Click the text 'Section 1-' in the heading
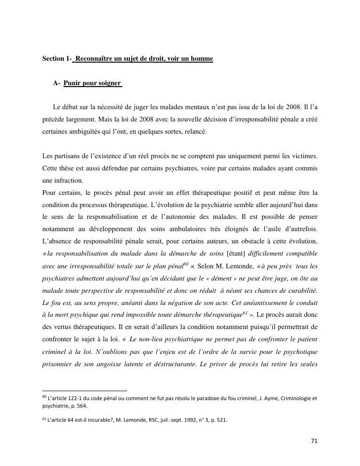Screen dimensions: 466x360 57,59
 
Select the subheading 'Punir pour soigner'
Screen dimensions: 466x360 92,83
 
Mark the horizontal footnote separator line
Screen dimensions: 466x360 85,391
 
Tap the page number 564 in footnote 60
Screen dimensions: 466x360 81,405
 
